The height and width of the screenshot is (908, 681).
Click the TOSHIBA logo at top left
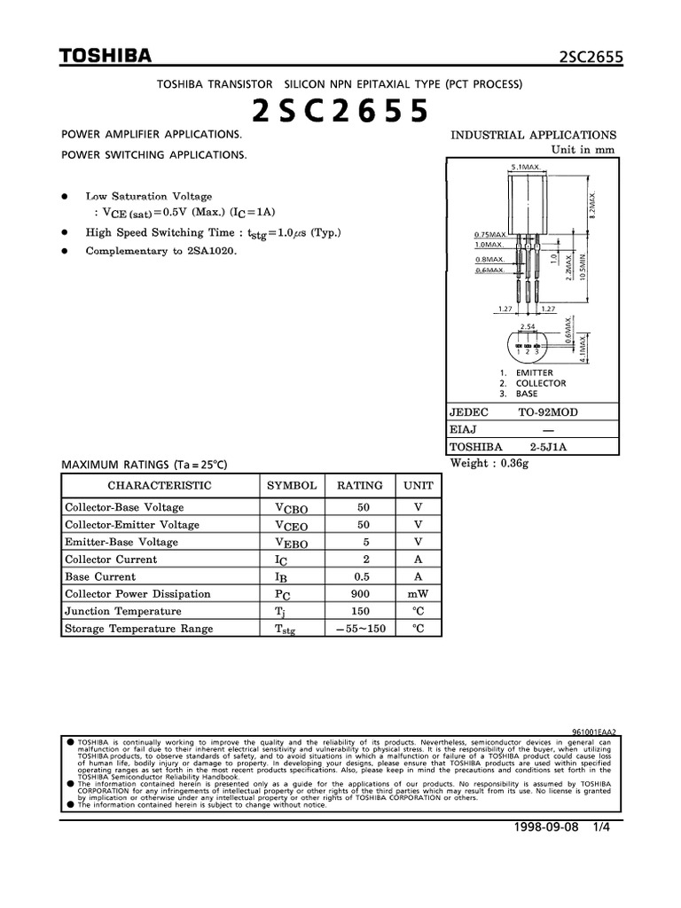tap(105, 57)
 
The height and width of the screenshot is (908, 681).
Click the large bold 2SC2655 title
tap(340, 112)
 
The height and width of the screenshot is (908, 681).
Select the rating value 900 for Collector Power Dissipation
tap(360, 594)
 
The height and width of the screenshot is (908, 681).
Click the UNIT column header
tap(419, 486)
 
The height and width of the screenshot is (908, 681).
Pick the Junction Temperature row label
tap(122, 612)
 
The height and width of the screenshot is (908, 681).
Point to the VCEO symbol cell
tap(292, 525)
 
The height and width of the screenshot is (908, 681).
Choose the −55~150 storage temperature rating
tap(360, 629)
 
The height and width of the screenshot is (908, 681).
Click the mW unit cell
tap(419, 594)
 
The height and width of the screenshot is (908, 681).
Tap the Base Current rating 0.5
tap(360, 576)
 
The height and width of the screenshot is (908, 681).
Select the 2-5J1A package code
tap(548, 447)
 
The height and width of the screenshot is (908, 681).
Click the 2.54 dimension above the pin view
tap(528, 327)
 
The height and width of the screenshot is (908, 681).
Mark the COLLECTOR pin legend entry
tap(540, 383)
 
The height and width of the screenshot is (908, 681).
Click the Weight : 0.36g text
tap(489, 464)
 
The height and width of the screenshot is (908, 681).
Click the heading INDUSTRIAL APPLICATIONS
tap(534, 135)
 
